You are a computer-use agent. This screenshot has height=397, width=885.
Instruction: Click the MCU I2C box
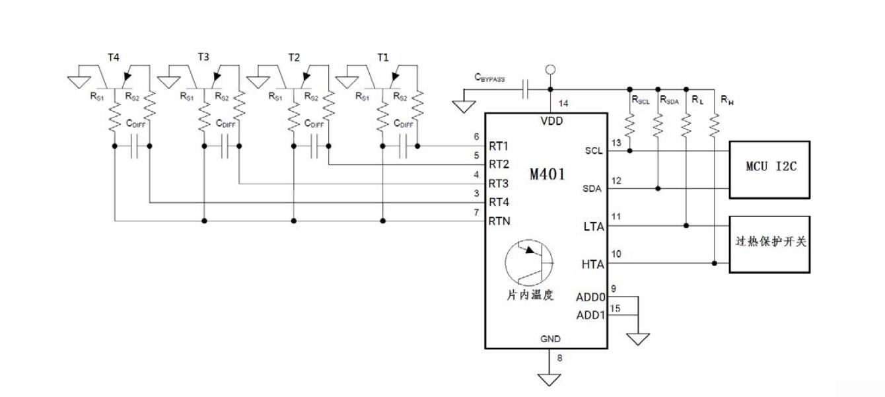click(769, 169)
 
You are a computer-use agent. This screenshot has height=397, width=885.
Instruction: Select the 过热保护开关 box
click(769, 244)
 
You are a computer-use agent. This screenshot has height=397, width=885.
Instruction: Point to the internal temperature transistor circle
click(530, 263)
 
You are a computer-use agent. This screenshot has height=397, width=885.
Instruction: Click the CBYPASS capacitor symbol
click(526, 90)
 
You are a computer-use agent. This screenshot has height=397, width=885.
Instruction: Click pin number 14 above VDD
click(563, 104)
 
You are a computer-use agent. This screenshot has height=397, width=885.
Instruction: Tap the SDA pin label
click(592, 189)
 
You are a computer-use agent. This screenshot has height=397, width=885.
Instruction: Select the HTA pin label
click(592, 264)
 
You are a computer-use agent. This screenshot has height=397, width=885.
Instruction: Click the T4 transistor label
click(114, 57)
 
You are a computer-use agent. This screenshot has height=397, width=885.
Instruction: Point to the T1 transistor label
click(383, 57)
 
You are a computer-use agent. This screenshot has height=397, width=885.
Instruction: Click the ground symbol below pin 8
click(548, 380)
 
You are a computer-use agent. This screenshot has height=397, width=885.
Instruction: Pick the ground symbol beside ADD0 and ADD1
click(638, 338)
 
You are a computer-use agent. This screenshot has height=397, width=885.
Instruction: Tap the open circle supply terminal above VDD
click(549, 69)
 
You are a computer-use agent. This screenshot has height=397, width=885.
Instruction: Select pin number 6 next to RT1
click(476, 137)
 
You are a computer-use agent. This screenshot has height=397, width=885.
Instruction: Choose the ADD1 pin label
click(590, 315)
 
